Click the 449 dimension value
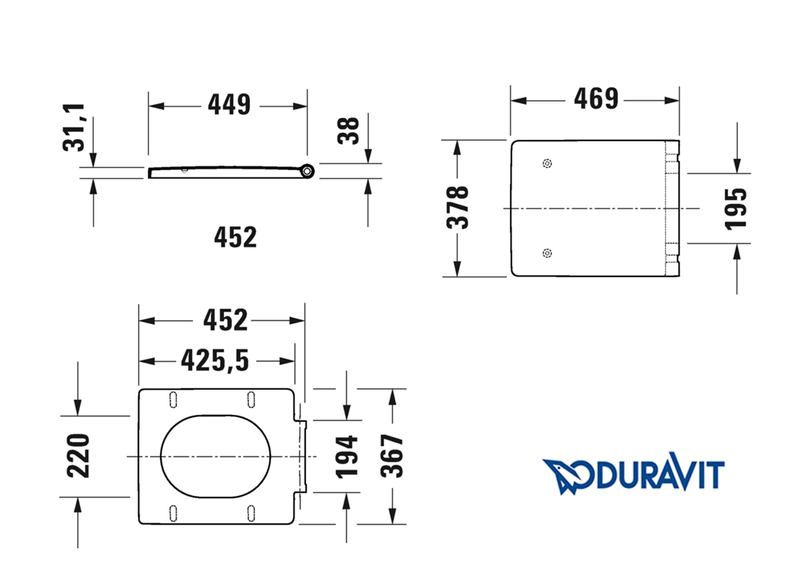coord(229,105)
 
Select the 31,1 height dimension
coord(74,127)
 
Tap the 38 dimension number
coord(348,130)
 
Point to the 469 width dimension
coord(596,98)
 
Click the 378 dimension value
coord(458,207)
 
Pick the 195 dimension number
coord(736,209)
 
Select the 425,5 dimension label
coord(215,360)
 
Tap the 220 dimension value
coord(79,455)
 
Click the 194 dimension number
coord(348,457)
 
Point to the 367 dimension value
coord(392,455)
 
